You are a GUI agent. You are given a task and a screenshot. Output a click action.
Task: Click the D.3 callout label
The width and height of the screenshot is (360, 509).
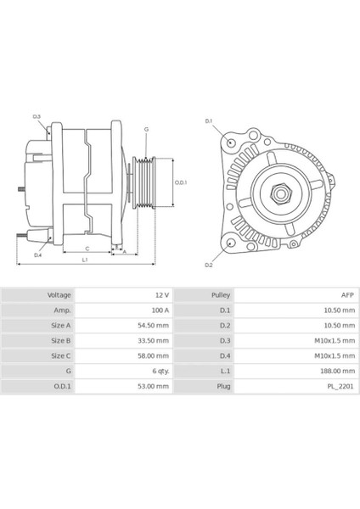click(37, 116)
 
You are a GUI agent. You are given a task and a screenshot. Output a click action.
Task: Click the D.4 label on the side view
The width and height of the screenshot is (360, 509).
click(38, 255)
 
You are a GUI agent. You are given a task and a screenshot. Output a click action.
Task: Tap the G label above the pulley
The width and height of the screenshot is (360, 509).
click(146, 129)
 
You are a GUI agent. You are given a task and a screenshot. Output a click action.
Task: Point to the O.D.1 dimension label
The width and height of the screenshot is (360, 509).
click(181, 182)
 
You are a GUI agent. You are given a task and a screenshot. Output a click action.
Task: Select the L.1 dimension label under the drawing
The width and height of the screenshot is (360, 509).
click(85, 260)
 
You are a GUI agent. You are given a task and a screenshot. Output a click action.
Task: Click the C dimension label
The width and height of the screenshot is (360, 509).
click(87, 249)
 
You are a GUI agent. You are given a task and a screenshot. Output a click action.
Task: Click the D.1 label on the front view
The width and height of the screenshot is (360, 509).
click(209, 121)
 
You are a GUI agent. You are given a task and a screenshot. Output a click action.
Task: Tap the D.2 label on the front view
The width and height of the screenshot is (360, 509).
click(209, 265)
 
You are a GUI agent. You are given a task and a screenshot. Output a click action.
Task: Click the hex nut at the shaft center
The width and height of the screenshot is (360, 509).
click(279, 193)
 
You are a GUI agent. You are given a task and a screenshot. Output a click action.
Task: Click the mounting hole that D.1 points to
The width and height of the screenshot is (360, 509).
click(231, 143)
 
